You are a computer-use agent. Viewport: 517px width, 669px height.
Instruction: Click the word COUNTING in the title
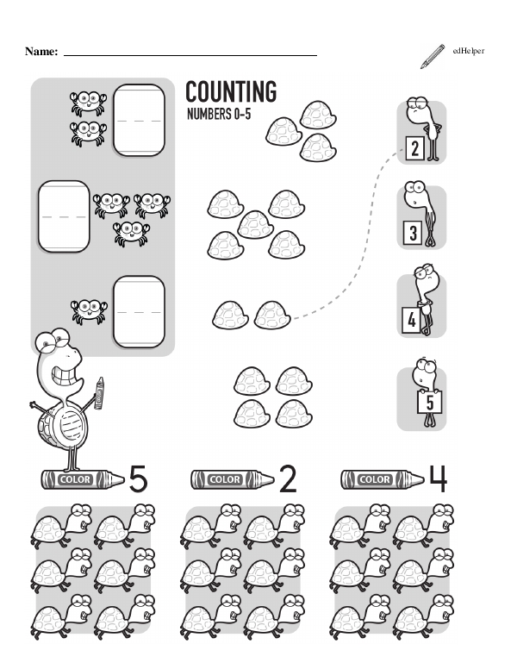[231, 91]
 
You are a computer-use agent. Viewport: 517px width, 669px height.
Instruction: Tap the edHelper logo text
[469, 51]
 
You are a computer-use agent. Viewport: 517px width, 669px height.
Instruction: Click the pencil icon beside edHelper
[432, 56]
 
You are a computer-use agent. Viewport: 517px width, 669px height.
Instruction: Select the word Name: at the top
[41, 52]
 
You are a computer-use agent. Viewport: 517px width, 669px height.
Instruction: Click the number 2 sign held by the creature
[414, 148]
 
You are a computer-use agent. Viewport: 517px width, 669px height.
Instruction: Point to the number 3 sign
[413, 233]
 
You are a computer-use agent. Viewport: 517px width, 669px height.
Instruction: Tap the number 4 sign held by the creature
[411, 320]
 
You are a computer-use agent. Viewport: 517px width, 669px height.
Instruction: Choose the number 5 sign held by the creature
[430, 403]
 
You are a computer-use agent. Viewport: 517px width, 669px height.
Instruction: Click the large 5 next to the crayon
[138, 478]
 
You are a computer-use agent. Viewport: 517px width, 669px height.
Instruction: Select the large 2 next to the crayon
[288, 478]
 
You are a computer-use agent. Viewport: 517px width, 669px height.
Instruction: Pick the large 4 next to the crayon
[438, 478]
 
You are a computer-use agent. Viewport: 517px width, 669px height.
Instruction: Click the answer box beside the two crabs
[139, 120]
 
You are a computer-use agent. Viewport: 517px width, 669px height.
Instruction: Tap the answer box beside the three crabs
[64, 216]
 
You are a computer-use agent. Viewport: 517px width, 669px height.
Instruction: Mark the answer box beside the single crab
[139, 311]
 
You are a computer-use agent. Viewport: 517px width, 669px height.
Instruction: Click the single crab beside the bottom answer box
[89, 311]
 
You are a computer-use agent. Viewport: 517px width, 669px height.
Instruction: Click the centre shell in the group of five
[255, 224]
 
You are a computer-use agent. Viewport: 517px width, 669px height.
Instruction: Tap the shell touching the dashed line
[272, 316]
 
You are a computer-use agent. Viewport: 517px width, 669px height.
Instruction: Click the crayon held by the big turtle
[98, 393]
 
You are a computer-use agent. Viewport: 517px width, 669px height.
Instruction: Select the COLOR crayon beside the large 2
[233, 479]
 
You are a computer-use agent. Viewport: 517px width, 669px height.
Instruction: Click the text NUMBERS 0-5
[219, 114]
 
